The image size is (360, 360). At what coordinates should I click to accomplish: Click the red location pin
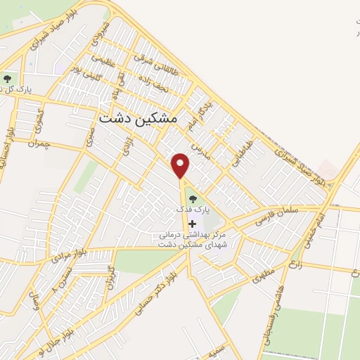click(x=181, y=165)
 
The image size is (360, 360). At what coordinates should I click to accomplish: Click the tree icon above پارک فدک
click(x=192, y=200)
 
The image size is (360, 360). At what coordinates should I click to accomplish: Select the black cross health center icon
click(x=193, y=224)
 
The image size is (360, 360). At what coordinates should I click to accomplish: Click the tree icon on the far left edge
click(x=8, y=79)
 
